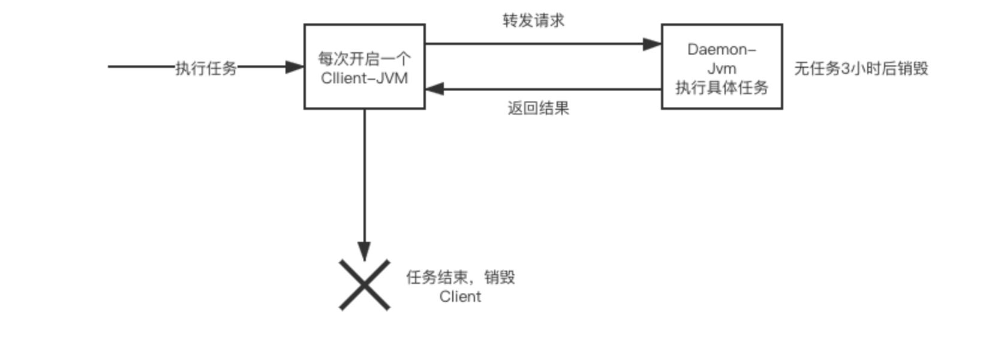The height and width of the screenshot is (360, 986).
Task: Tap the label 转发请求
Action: click(533, 20)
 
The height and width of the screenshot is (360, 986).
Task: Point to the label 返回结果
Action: click(538, 108)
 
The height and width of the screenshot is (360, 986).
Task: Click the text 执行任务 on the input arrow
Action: click(206, 68)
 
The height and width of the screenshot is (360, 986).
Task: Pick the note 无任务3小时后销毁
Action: click(861, 68)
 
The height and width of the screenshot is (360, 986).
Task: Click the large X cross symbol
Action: click(365, 285)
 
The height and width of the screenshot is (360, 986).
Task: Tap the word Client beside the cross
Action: click(460, 296)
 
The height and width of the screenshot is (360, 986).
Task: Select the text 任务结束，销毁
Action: click(460, 277)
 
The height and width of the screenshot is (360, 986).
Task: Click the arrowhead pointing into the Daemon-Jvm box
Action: click(652, 44)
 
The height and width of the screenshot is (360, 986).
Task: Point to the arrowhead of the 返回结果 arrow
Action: click(435, 89)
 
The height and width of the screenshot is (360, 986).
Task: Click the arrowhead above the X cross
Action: click(364, 251)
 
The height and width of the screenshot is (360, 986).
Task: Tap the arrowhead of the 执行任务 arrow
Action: click(294, 67)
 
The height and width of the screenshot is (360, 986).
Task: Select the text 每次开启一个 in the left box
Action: click(365, 59)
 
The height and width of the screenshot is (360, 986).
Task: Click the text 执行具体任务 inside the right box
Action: click(722, 88)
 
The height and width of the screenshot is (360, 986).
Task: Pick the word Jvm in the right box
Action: click(722, 68)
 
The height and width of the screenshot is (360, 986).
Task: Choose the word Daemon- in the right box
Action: click(722, 49)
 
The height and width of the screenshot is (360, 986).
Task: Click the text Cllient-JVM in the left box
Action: click(365, 78)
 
